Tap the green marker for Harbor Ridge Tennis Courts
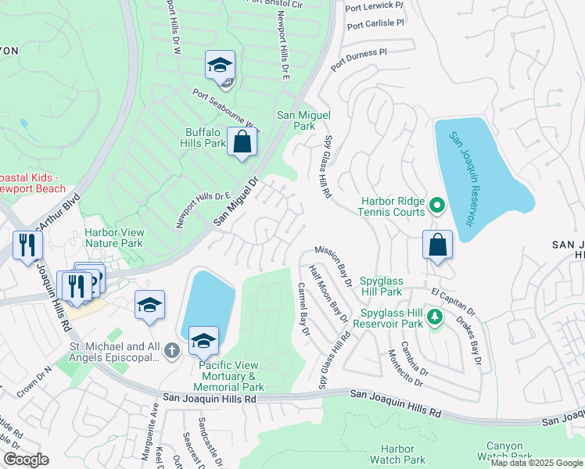tap(437, 207)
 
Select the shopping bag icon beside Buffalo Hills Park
tap(242, 142)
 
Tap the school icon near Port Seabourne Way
tap(221, 65)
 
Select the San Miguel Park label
tap(296, 120)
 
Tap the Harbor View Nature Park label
tap(113, 238)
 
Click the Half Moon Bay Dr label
tap(328, 293)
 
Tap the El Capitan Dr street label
tap(453, 299)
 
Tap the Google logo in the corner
tap(26, 460)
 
